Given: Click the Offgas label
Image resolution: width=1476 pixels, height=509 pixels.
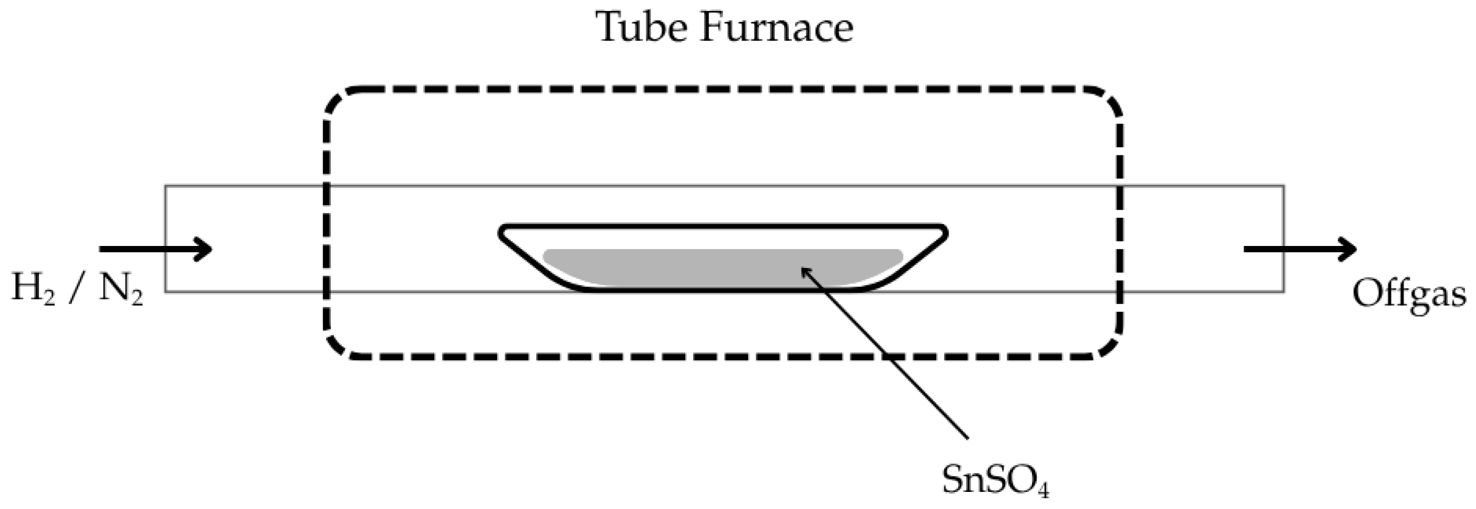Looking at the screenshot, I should pos(1408,294).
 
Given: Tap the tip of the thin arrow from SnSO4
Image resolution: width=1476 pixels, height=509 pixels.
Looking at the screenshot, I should pos(802,269).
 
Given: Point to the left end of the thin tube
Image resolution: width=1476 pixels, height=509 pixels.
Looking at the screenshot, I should pos(166,239).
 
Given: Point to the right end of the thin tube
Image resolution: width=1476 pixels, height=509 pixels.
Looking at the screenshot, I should pos(1284,239).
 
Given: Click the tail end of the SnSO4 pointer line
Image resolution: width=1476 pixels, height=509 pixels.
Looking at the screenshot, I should pos(967,437).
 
